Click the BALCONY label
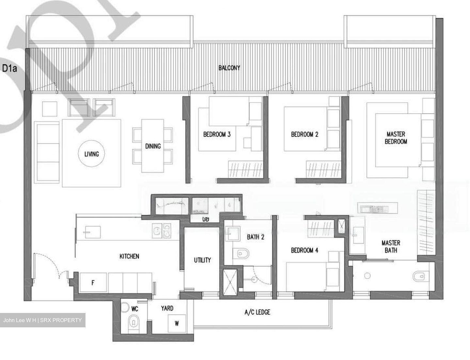pyautogui.click(x=229, y=68)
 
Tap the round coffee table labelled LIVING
pyautogui.click(x=91, y=154)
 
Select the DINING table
pyautogui.click(x=153, y=146)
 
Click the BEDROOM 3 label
pyautogui.click(x=217, y=134)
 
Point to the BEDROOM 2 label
pyautogui.click(x=305, y=134)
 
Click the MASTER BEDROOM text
pyautogui.click(x=396, y=138)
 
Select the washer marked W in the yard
pyautogui.click(x=177, y=323)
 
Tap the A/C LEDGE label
pyautogui.click(x=257, y=312)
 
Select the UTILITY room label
pyautogui.click(x=202, y=260)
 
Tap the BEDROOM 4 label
pyautogui.click(x=305, y=251)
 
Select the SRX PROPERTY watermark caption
pyautogui.click(x=42, y=320)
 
